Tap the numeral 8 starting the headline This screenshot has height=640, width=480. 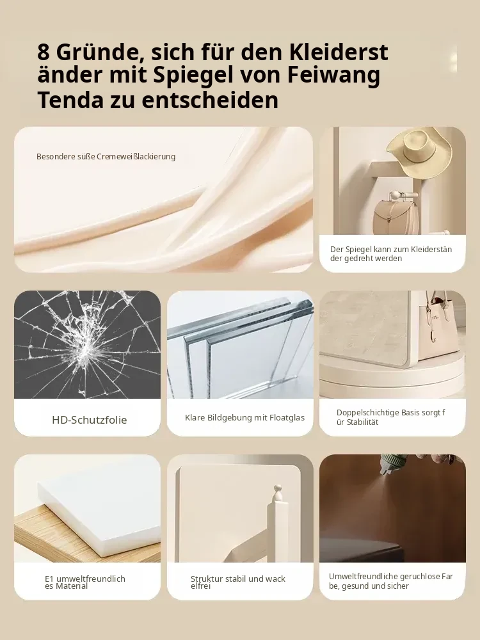[x=44, y=52]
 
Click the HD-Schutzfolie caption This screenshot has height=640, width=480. [x=90, y=420]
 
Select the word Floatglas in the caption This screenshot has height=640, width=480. [x=287, y=417]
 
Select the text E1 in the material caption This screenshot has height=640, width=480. [x=49, y=579]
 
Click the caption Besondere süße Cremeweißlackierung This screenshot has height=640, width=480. [x=106, y=157]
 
